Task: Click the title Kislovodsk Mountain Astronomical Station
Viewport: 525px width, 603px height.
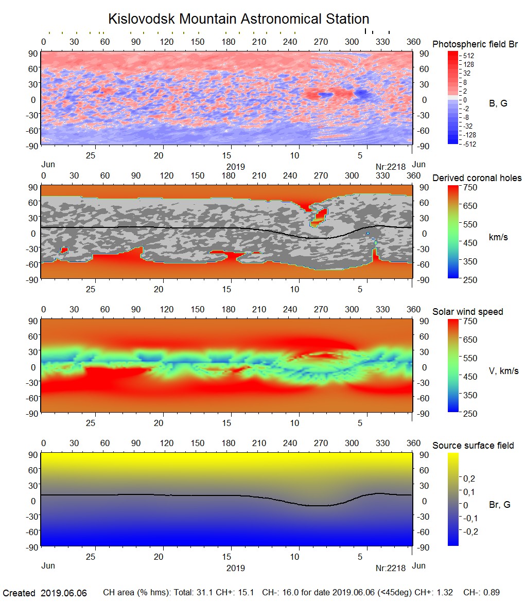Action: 238,19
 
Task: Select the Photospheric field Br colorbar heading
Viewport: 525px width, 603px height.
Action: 475,44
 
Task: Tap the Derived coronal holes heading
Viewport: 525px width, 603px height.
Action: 477,178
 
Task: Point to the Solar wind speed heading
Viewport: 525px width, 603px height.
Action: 467,312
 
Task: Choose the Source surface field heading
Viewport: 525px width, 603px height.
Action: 473,446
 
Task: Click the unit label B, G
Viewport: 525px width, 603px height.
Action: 498,103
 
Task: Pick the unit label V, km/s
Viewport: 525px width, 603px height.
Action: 503,371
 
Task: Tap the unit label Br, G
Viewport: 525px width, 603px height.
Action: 499,505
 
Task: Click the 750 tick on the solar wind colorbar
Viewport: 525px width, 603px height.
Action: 470,321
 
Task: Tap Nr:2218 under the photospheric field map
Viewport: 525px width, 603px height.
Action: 391,167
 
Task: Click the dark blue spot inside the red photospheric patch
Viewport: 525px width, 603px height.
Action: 325,95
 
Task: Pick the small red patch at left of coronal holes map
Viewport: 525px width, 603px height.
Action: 64,250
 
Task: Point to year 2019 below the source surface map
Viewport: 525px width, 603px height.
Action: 235,568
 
